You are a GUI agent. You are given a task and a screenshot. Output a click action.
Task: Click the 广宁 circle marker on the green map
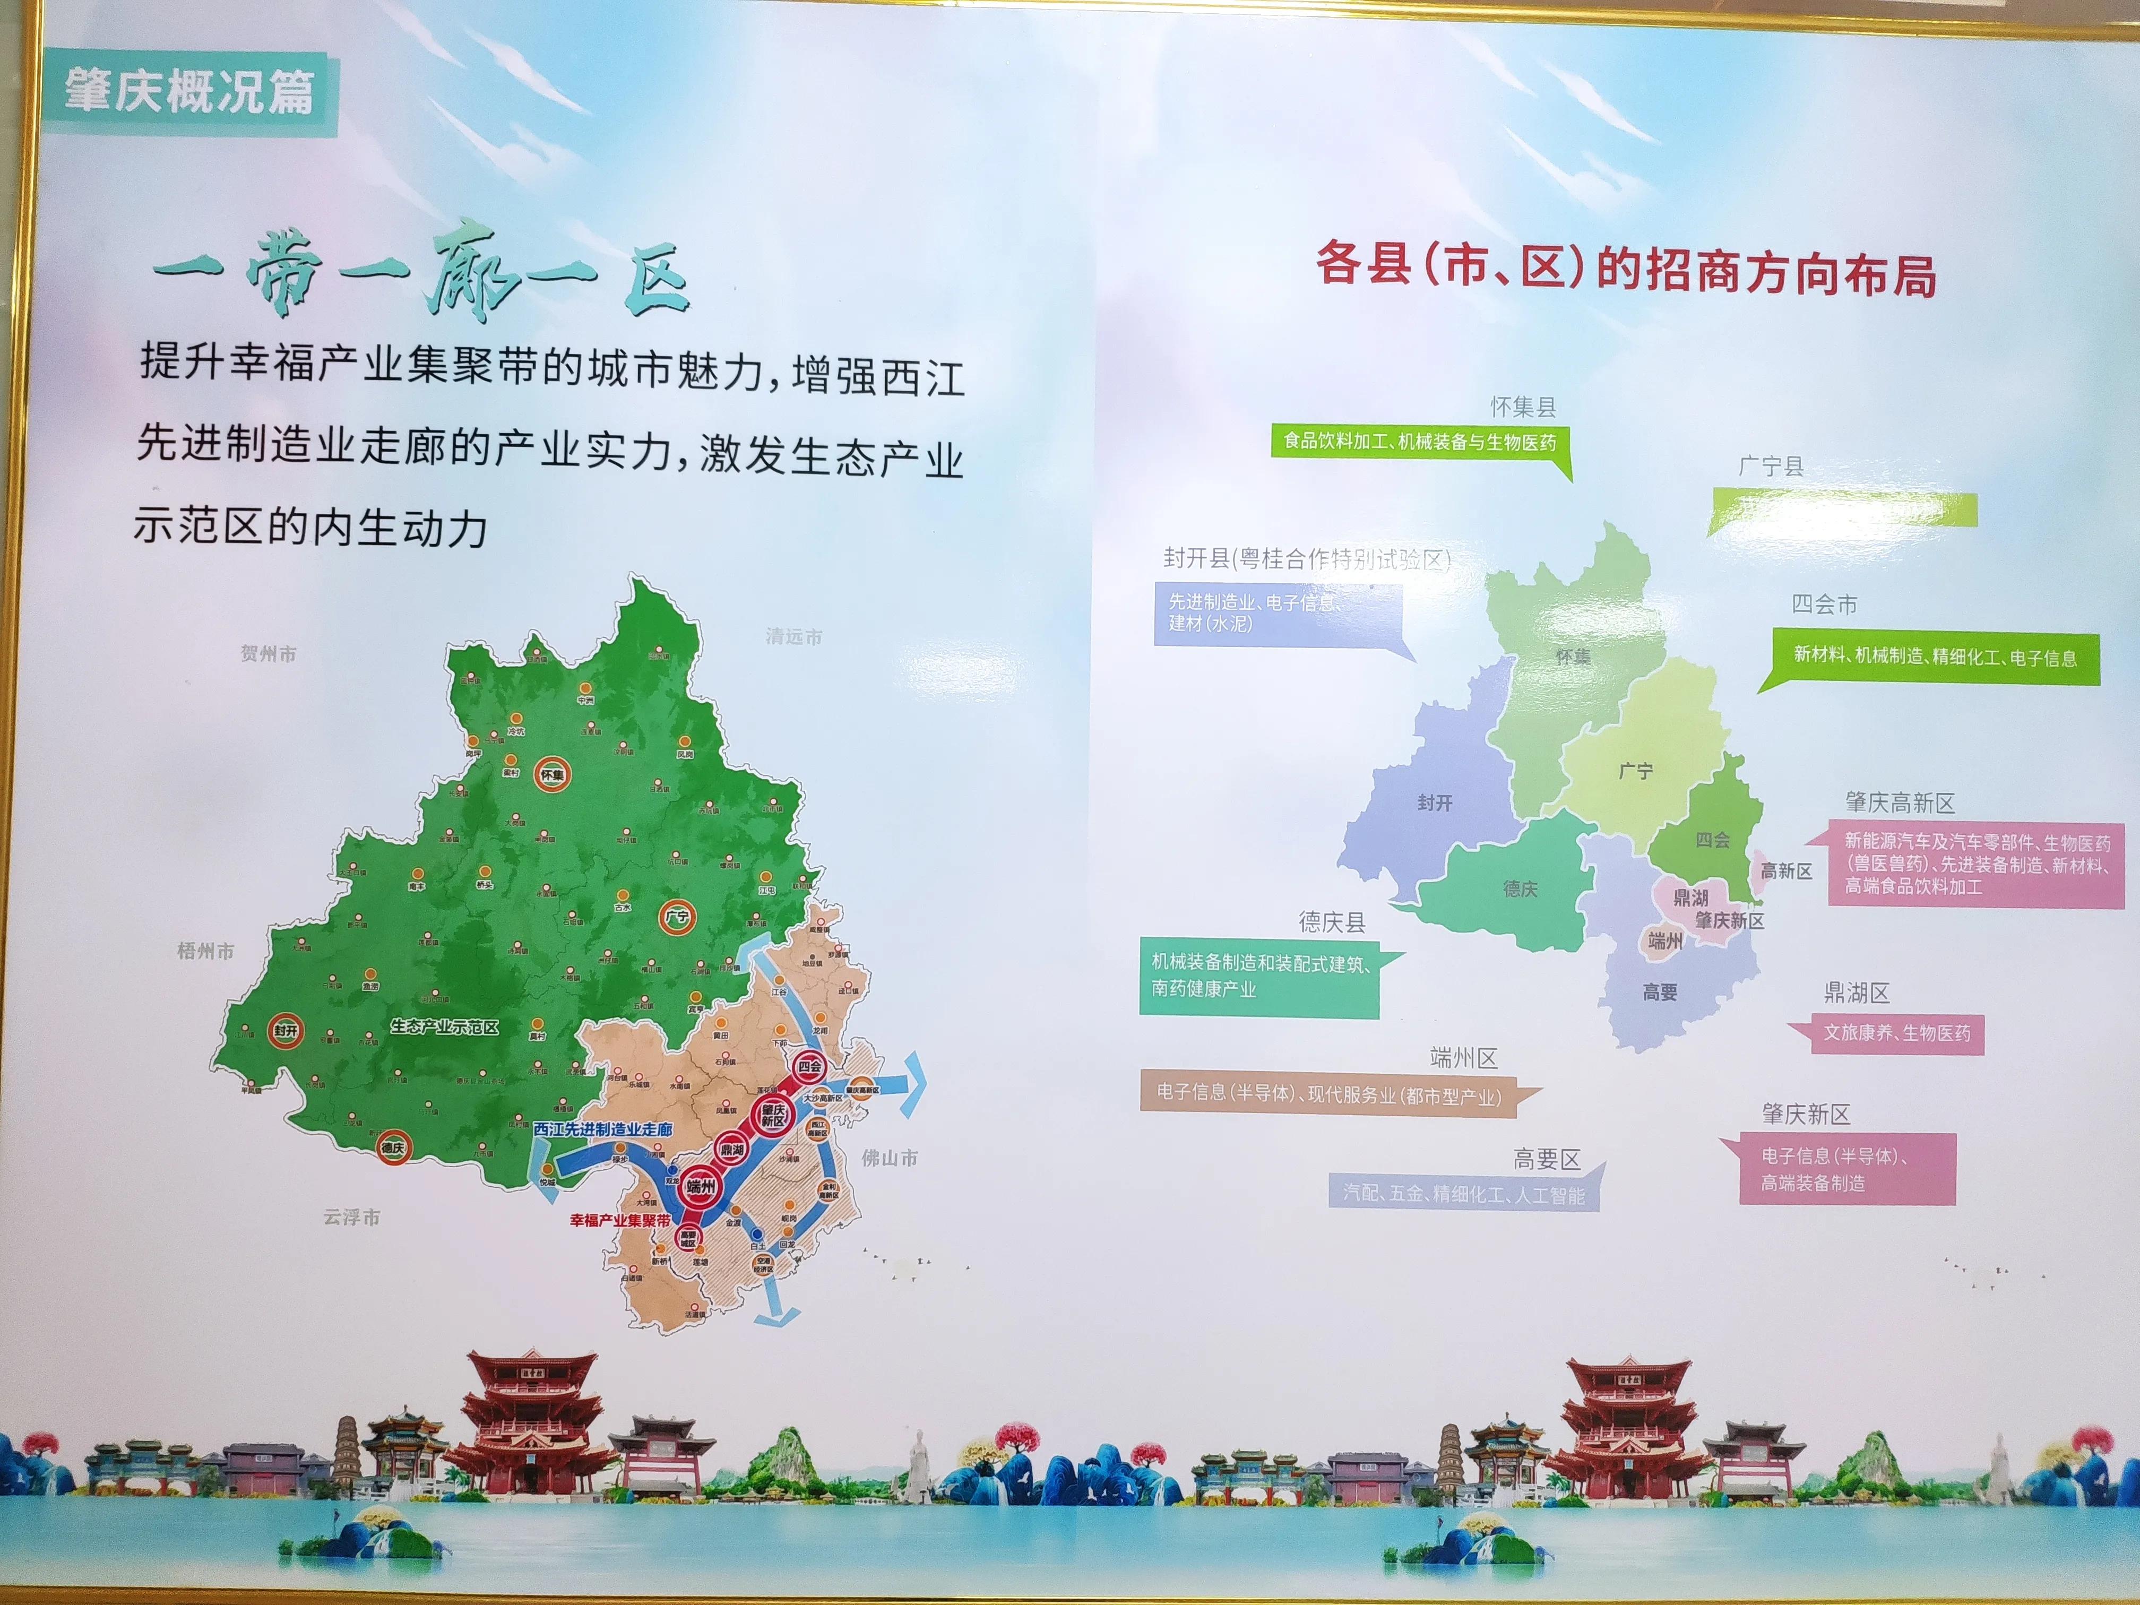coord(676,916)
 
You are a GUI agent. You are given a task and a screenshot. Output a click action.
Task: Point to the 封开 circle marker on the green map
coord(286,1030)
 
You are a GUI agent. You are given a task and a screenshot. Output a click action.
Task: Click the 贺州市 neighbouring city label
coord(268,654)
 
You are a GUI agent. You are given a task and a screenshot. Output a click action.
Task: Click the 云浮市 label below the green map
coord(351,1217)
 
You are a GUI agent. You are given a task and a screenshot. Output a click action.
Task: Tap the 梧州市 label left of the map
coord(205,951)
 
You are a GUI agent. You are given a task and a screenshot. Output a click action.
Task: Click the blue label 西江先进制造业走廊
coord(603,1129)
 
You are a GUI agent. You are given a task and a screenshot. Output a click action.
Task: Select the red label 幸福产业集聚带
coord(619,1220)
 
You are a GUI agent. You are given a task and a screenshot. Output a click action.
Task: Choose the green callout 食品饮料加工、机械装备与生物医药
coord(1419,442)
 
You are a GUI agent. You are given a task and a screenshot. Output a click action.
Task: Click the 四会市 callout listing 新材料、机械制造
coord(1935,657)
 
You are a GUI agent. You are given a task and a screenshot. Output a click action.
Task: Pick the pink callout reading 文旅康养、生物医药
coord(1896,1033)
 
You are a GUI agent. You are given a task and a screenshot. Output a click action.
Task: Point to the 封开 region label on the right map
coord(1435,803)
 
